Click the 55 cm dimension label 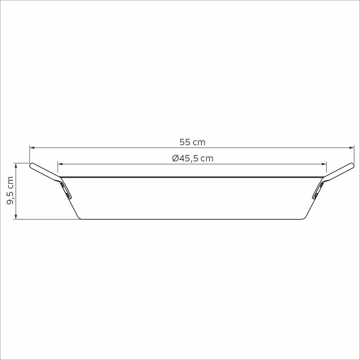[x=192, y=142]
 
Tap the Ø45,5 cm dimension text [x=193, y=159]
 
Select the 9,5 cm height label [x=10, y=190]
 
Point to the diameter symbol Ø [x=175, y=159]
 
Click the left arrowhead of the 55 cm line [x=32, y=148]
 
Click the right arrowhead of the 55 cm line [x=352, y=148]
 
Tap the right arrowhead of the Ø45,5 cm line [x=324, y=164]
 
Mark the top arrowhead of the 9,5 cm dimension [x=16, y=166]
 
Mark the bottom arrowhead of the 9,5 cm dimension [x=16, y=217]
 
